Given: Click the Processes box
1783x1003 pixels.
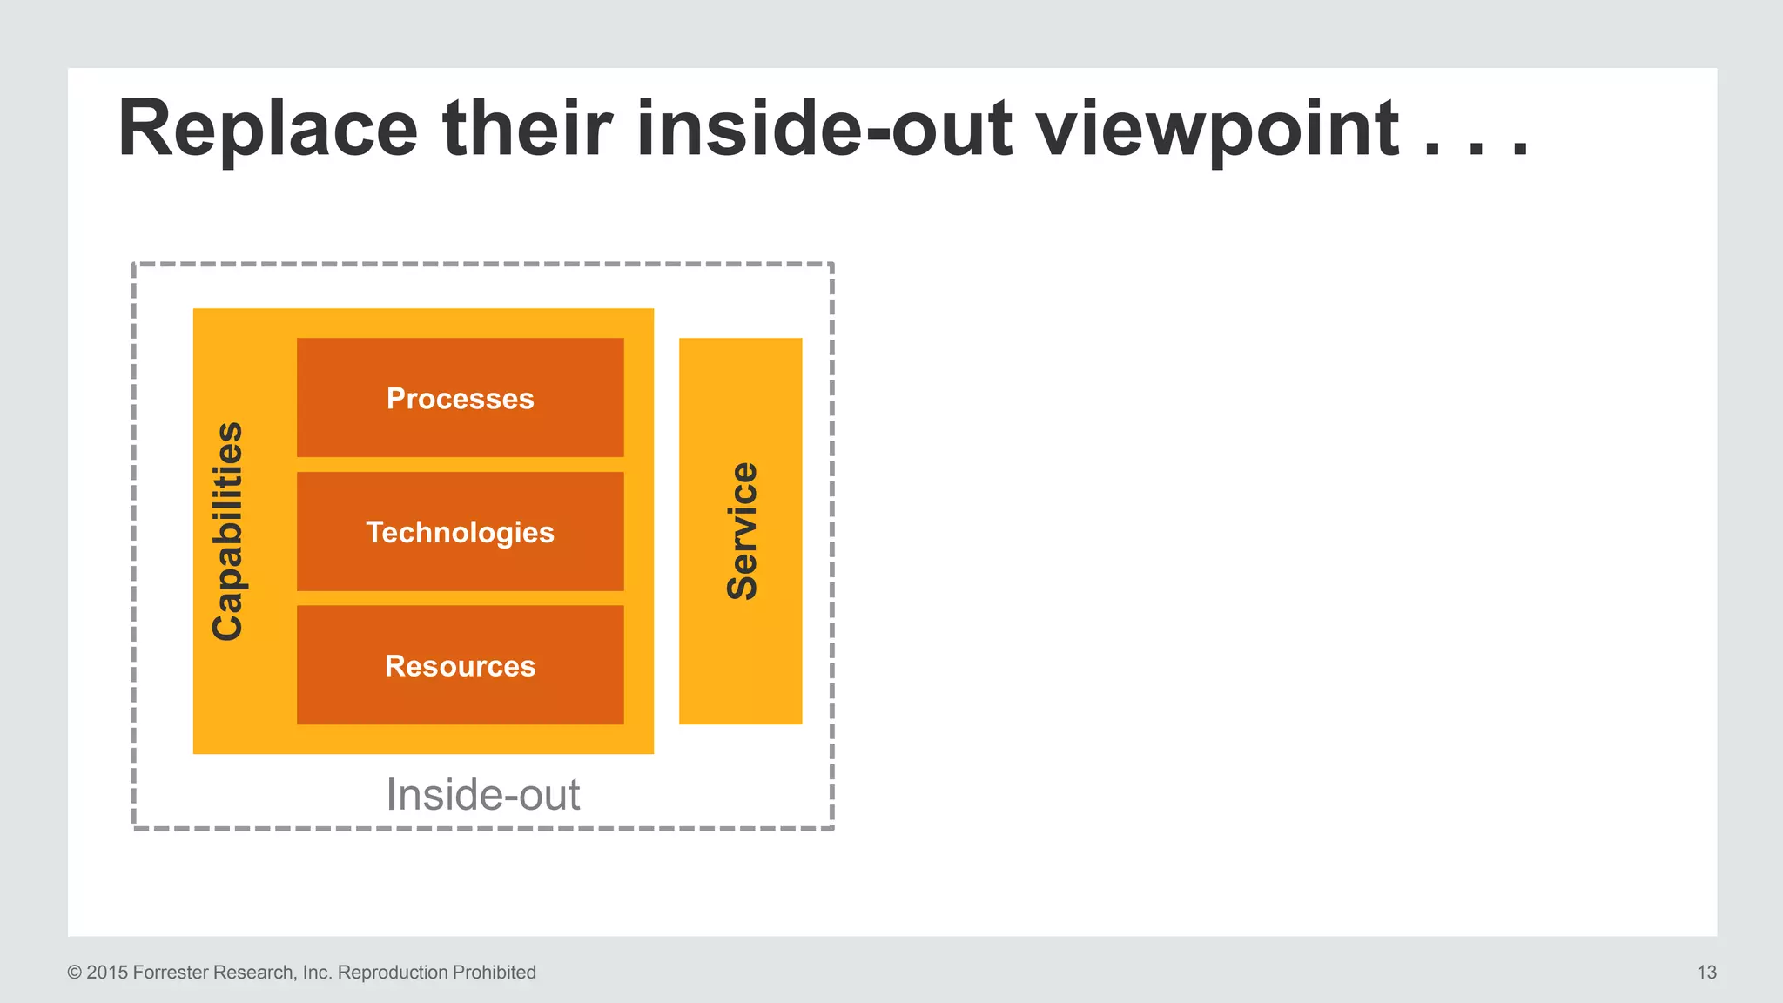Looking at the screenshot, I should pos(460,398).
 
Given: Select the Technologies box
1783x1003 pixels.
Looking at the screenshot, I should pos(460,532).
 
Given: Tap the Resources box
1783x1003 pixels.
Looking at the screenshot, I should pos(460,666).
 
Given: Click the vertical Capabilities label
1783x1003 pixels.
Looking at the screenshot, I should pos(228,531).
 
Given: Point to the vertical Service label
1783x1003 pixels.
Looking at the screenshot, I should pos(742,531).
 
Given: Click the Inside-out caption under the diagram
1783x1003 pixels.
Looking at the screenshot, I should pos(482,794).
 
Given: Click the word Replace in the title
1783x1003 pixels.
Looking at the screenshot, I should pos(267,129).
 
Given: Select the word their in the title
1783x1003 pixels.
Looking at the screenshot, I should pos(528,129).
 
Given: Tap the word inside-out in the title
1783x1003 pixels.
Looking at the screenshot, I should pos(824,129).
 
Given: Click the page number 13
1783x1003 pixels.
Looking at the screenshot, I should pos(1706,973).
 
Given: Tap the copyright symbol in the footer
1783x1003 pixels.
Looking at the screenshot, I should pos(75,973).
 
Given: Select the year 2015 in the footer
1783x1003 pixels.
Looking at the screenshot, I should pos(107,973).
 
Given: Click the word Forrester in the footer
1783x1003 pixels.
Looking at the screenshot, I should pos(170,973).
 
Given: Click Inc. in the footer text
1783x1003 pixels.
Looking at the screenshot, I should pos(317,973).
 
